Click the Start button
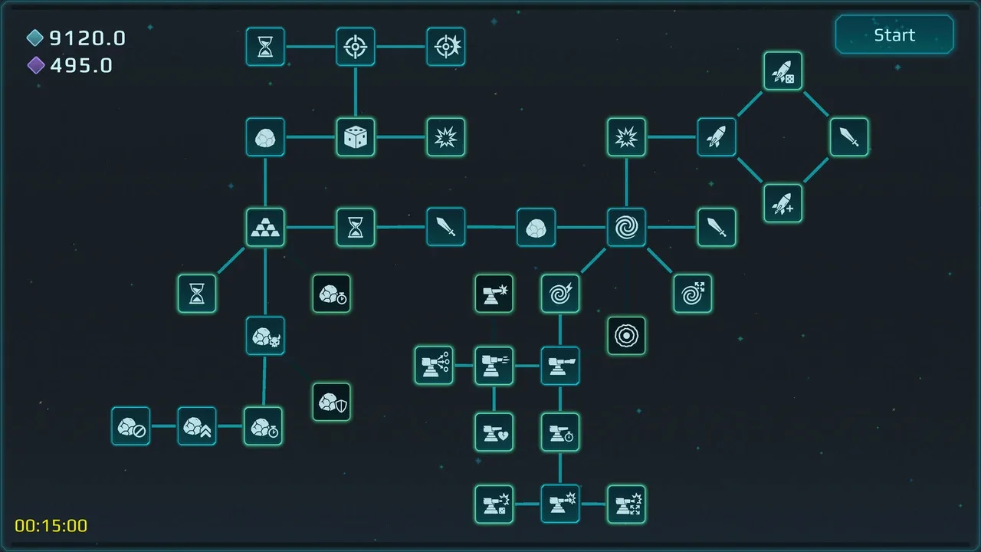coord(894,34)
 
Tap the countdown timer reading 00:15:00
coord(51,526)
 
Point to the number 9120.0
coord(87,38)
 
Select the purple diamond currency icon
coord(36,65)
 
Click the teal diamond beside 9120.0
coord(35,38)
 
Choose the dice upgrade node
coord(355,137)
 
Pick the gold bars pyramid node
coord(265,228)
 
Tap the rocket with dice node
coord(783,71)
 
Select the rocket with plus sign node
coord(783,203)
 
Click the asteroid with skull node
coord(265,336)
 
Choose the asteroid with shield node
coord(332,402)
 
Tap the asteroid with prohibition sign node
coord(130,426)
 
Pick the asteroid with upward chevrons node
coord(197,426)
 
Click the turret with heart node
coord(494,432)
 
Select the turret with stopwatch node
coord(560,432)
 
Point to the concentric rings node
coord(626,336)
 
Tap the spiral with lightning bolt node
coord(560,294)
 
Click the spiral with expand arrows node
coord(692,294)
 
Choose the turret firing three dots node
coord(434,366)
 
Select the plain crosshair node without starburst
coord(355,47)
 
